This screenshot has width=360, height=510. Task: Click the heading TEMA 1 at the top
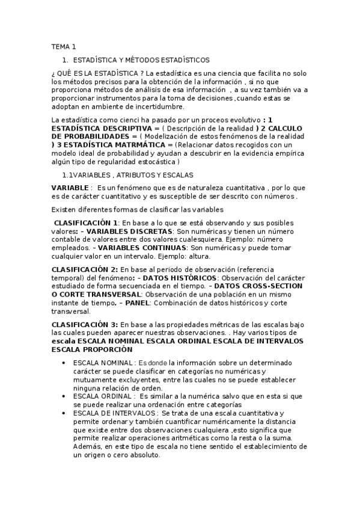64,46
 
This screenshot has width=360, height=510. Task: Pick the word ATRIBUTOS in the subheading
139,174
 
